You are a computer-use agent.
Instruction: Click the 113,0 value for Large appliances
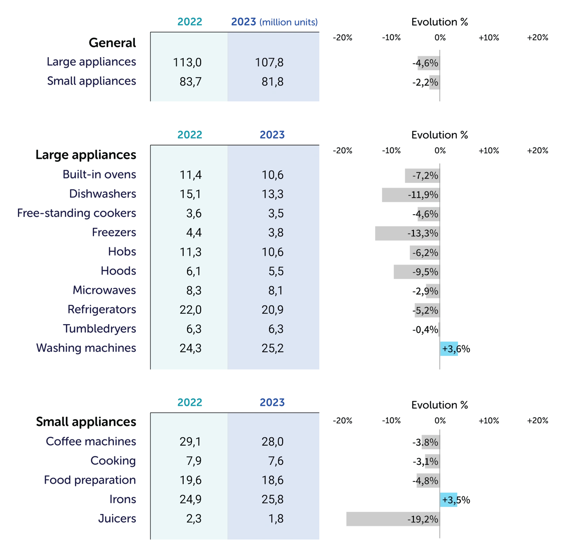click(x=187, y=62)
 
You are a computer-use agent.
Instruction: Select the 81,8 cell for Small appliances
click(x=269, y=82)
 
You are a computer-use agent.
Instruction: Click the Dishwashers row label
click(x=102, y=194)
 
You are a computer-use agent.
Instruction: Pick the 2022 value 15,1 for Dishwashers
click(x=190, y=194)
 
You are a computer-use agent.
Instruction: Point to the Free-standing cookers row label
click(x=77, y=213)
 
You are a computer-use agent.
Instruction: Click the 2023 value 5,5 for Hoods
click(x=276, y=271)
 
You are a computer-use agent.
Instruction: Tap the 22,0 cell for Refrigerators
click(x=190, y=309)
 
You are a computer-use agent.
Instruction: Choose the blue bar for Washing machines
click(x=451, y=349)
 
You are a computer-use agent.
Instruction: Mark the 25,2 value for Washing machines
click(x=273, y=348)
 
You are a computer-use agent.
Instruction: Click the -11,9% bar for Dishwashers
click(x=410, y=194)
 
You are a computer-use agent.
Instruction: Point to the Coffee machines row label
click(x=90, y=442)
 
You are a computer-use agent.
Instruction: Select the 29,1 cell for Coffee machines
click(x=190, y=442)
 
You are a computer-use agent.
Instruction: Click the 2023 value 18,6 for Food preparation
click(x=273, y=480)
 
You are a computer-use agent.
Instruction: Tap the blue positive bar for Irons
click(x=451, y=500)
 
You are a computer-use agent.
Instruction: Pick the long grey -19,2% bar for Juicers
click(x=393, y=519)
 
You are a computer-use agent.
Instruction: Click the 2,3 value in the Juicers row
click(x=194, y=518)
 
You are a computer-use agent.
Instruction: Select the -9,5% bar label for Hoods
click(x=425, y=271)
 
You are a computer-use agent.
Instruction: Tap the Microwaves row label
click(x=103, y=290)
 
